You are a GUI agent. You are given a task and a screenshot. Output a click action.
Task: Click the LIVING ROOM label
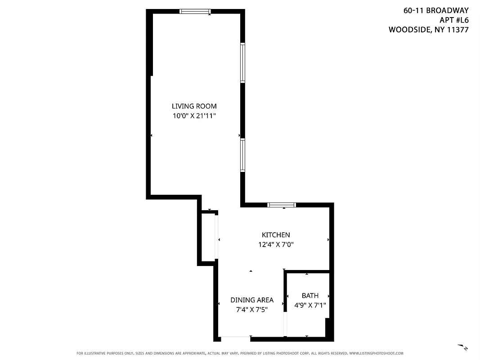click(194, 106)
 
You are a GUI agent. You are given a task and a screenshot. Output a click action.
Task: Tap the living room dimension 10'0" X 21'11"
click(194, 116)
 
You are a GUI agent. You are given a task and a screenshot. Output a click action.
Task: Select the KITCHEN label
click(276, 235)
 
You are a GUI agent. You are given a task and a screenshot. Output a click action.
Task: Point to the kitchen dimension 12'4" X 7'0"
click(276, 245)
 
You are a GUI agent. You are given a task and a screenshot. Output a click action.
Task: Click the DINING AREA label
click(252, 300)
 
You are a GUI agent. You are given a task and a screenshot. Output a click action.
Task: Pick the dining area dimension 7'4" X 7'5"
click(252, 310)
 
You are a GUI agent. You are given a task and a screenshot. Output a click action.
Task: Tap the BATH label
click(310, 296)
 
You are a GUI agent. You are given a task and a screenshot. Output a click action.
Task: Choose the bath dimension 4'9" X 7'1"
click(310, 305)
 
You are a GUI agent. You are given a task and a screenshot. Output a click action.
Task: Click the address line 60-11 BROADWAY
click(436, 10)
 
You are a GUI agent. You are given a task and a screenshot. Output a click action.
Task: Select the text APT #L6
click(453, 20)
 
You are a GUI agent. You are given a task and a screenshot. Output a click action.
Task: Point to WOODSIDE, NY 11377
click(428, 30)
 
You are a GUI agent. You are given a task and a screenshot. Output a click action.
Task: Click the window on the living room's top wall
click(195, 11)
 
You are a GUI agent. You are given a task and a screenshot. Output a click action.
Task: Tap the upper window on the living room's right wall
click(242, 63)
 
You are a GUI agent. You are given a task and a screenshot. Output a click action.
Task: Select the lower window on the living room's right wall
click(242, 155)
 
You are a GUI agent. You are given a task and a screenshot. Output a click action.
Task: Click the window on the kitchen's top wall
click(282, 205)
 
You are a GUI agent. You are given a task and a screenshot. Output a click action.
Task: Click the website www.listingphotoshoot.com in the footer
click(376, 353)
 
